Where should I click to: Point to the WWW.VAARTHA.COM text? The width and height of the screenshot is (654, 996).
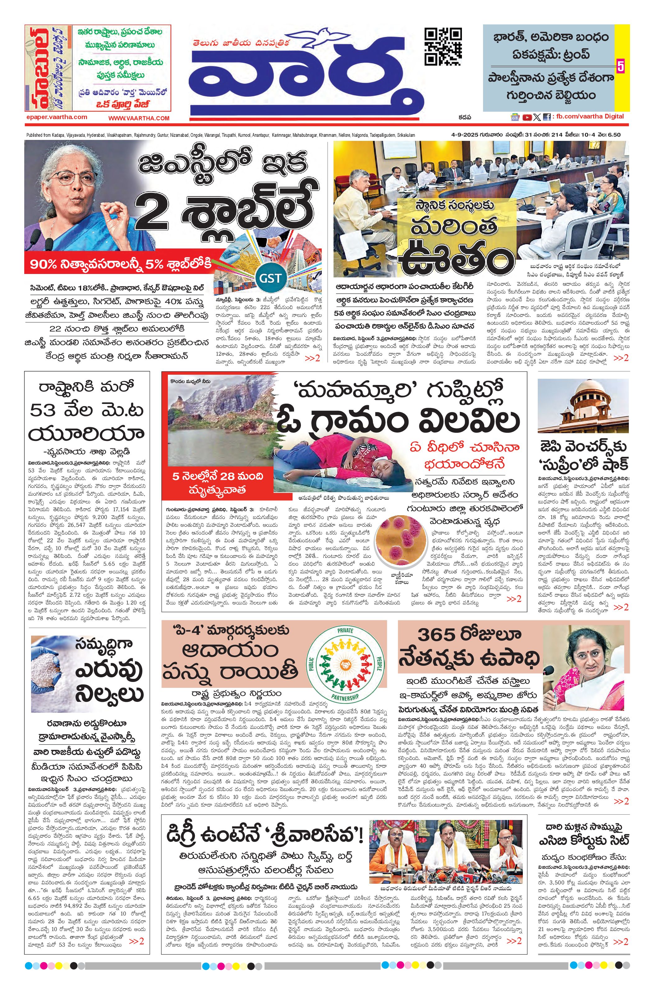tap(139, 118)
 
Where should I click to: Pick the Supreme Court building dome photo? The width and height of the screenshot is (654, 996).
tap(583, 405)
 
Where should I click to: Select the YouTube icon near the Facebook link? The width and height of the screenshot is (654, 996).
tap(527, 118)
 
